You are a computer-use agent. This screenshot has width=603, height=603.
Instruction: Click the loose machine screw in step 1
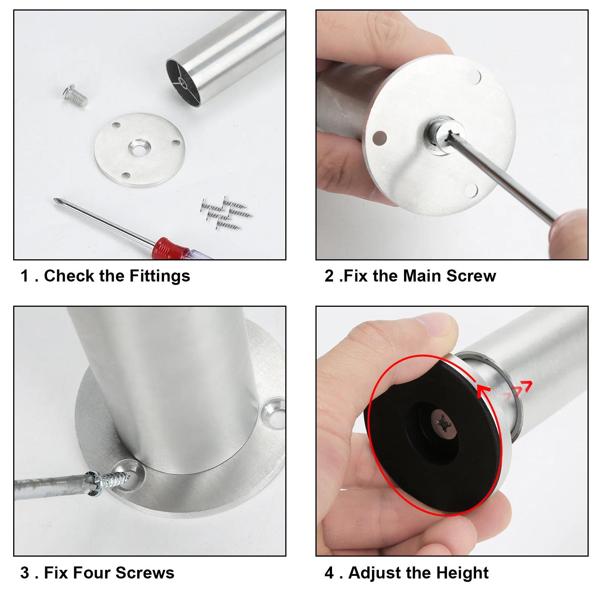point(75,96)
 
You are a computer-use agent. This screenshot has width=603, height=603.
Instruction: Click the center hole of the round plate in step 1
point(139,148)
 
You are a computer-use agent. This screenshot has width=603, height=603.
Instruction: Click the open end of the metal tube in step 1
point(183,83)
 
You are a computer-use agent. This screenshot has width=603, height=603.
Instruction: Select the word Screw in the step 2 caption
point(471,276)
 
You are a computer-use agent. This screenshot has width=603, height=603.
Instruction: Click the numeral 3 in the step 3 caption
point(25,573)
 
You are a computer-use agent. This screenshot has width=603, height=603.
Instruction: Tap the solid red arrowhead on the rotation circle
point(483,391)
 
